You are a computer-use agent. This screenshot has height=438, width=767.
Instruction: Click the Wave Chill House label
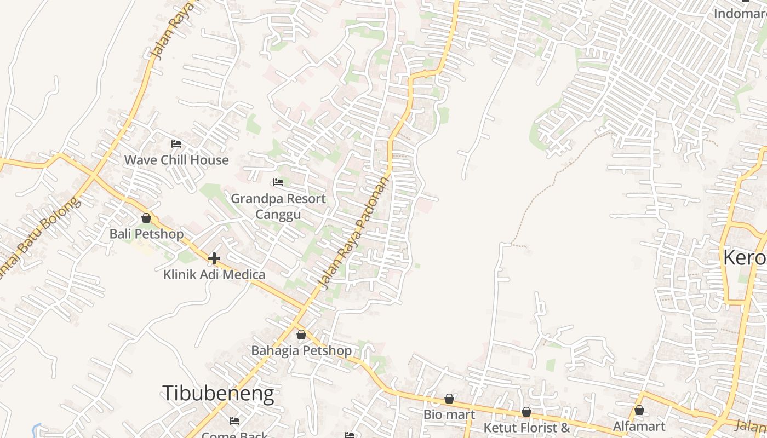point(176,160)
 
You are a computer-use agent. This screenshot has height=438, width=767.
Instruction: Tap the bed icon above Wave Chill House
point(176,144)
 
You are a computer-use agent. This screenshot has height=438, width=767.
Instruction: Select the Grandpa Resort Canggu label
point(278,206)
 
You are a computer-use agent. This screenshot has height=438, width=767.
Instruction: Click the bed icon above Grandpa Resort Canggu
point(278,182)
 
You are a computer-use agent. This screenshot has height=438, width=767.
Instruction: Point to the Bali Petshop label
point(146,234)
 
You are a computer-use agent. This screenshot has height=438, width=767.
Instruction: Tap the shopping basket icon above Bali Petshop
point(146,218)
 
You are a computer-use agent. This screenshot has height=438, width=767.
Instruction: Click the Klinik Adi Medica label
point(214,274)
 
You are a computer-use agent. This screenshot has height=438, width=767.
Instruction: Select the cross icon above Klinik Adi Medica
point(214,258)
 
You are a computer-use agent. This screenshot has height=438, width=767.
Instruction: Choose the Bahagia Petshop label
point(301,350)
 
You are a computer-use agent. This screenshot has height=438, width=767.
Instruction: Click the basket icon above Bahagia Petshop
point(301,335)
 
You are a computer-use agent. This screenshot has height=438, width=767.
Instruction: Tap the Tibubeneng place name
point(218,393)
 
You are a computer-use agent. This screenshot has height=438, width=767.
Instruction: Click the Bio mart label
point(449,414)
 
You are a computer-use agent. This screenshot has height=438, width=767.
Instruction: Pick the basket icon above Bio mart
point(449,399)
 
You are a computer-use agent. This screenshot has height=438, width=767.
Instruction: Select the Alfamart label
point(639,426)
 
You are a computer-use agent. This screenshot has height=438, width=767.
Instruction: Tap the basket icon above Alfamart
point(639,410)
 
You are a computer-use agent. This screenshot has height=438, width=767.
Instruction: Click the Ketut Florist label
point(526,428)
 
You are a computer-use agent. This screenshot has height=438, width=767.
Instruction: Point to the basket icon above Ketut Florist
point(526,412)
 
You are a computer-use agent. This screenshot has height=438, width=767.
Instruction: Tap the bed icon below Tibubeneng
point(234,421)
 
